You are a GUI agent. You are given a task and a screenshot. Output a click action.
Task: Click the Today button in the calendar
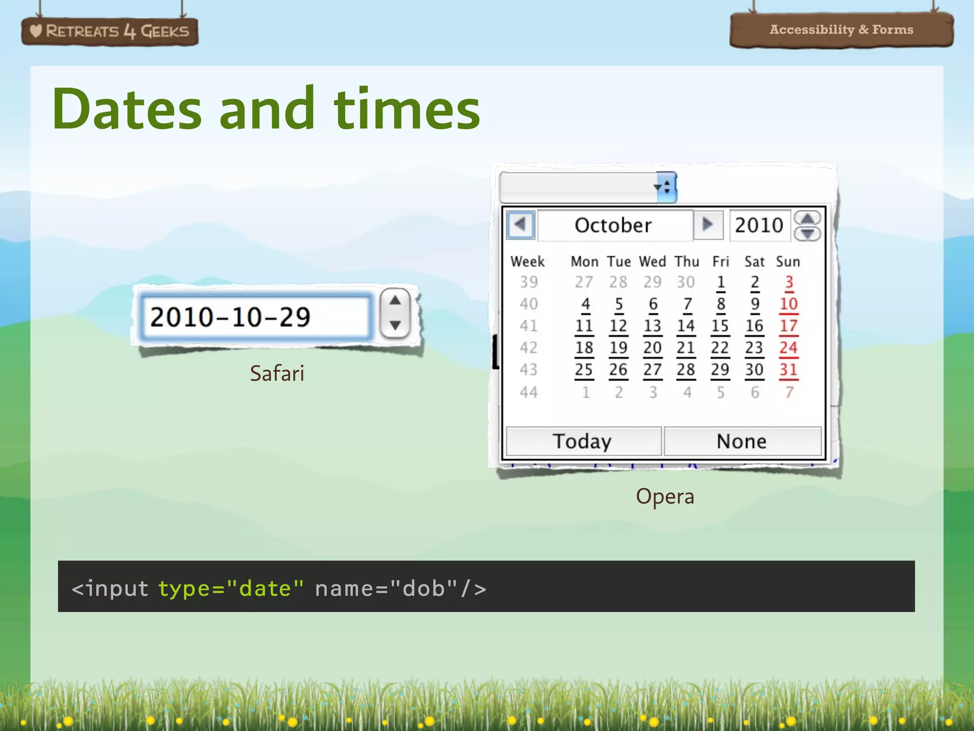583,441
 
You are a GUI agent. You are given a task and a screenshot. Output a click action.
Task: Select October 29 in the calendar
720,370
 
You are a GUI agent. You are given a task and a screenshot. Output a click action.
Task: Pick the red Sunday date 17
789,326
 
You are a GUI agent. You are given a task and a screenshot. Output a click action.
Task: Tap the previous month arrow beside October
521,224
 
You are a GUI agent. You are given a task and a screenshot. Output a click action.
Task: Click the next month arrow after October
708,224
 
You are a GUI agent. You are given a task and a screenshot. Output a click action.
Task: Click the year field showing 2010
759,225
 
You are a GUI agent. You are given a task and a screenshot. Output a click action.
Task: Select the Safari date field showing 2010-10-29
255,317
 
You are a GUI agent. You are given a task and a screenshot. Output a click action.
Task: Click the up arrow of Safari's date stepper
395,301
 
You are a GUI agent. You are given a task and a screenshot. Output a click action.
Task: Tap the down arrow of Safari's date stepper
395,326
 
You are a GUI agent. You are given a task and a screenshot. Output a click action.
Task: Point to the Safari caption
277,373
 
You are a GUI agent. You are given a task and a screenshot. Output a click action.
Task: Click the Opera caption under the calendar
665,496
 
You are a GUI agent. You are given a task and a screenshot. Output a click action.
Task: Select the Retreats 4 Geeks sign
110,31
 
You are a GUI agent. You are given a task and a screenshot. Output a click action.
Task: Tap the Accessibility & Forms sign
841,30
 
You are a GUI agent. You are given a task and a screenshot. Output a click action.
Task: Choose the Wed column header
652,262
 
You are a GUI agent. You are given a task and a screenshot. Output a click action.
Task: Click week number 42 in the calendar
528,348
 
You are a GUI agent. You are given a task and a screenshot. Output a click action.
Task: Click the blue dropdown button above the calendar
666,187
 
